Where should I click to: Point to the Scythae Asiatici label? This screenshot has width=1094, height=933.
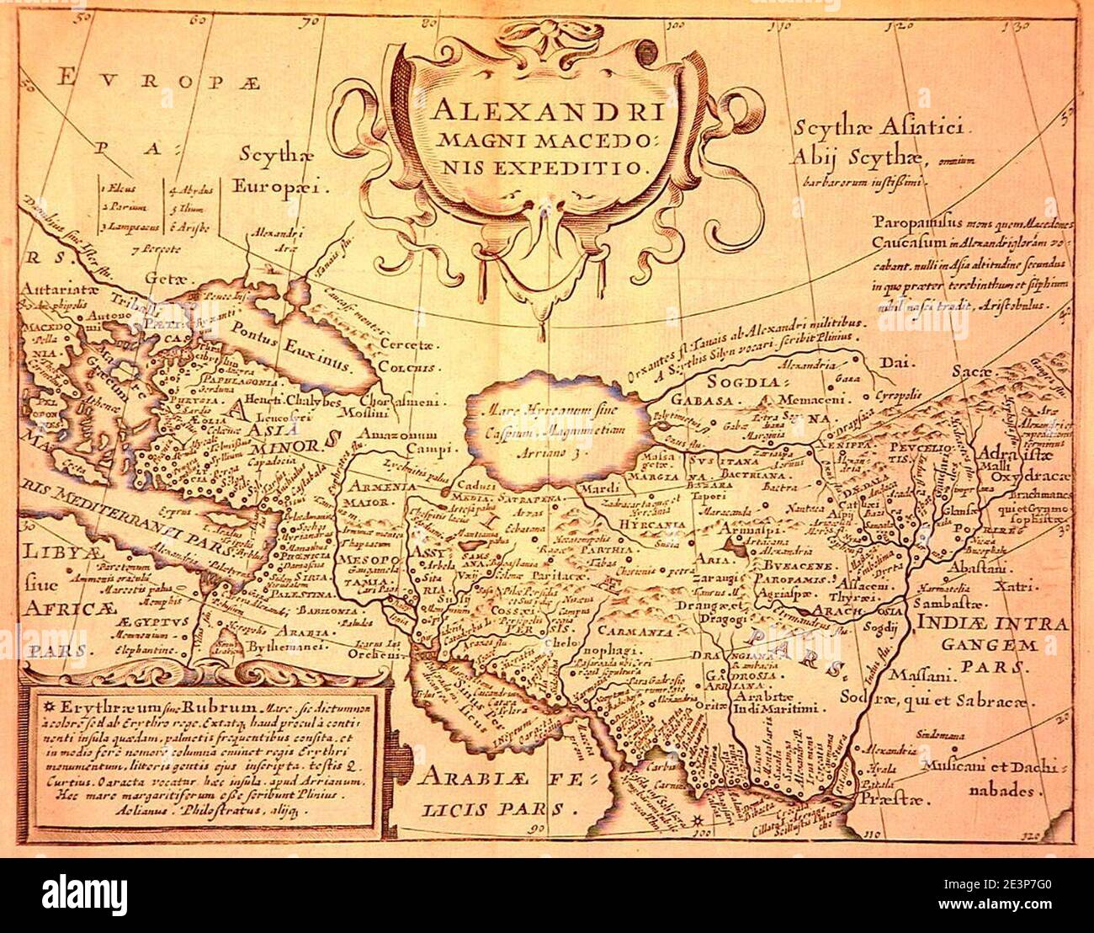coord(883,131)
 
